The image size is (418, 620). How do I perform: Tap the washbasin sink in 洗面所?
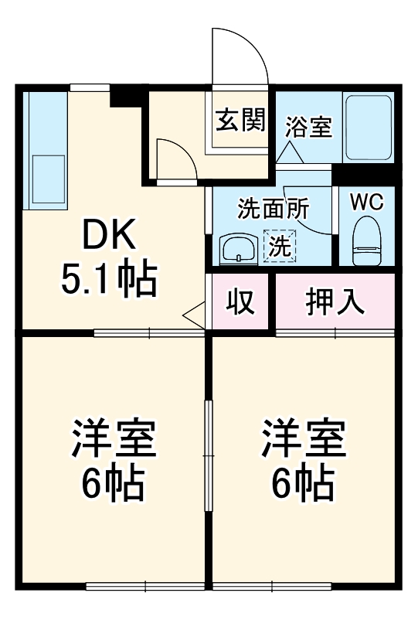[239, 249]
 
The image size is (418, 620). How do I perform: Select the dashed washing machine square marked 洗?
[280, 247]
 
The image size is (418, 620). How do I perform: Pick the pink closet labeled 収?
[240, 302]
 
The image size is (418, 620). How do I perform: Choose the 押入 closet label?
[335, 302]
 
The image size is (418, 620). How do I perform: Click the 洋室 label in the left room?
[114, 440]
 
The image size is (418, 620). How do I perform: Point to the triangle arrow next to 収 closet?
[195, 315]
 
